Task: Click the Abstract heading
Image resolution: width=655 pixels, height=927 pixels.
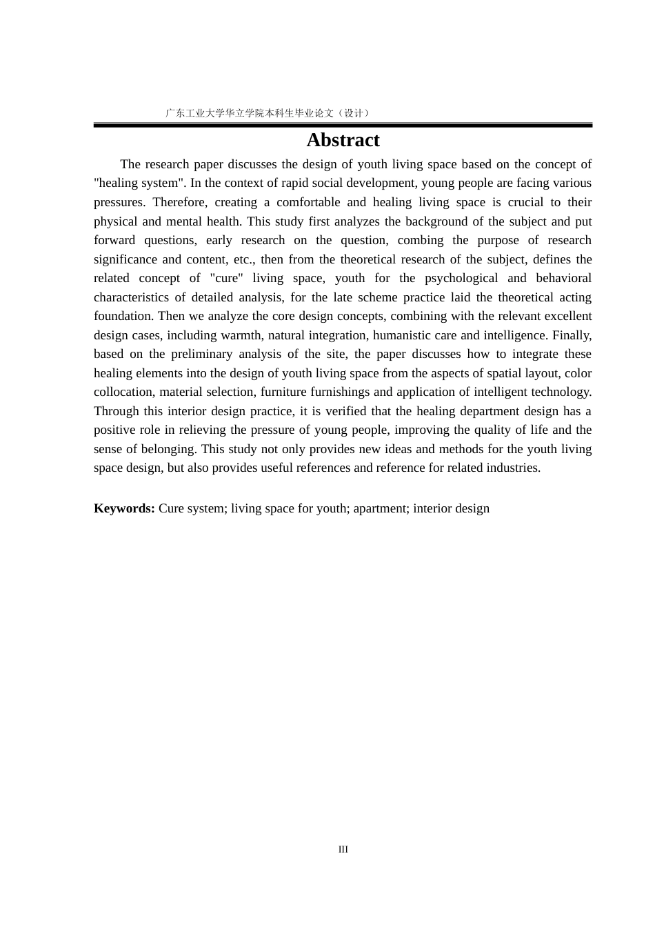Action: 343,140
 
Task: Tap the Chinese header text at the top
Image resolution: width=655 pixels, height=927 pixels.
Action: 268,113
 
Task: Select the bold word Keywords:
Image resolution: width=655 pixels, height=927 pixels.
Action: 124,508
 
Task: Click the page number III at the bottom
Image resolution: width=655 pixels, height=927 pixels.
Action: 343,849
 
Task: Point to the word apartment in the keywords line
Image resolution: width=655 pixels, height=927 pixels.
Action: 381,508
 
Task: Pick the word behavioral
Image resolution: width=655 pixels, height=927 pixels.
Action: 563,278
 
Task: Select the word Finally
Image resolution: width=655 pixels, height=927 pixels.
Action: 572,335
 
